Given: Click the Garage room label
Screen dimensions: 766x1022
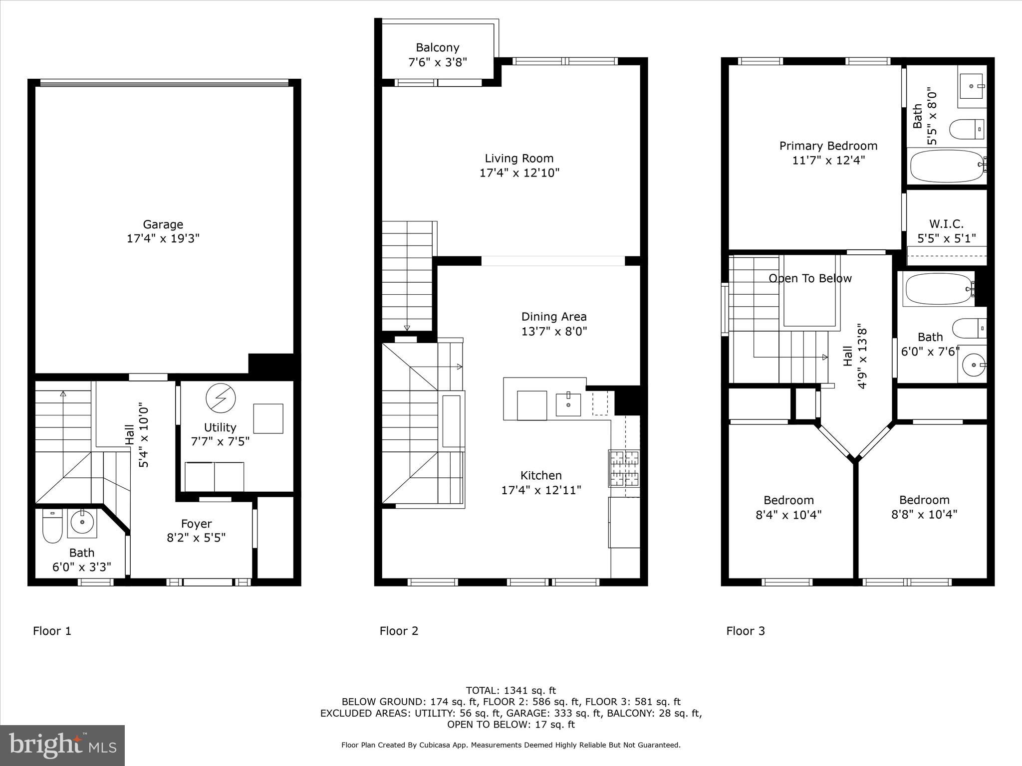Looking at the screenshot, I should [x=163, y=224].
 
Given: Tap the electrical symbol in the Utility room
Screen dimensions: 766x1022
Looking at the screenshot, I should [x=221, y=398].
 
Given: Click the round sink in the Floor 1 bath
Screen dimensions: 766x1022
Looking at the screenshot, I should [x=82, y=523].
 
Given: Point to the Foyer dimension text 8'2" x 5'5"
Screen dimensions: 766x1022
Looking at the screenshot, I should [x=196, y=538].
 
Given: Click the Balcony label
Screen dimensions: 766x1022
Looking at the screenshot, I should [x=438, y=48].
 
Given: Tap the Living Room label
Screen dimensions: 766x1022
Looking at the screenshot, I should [x=519, y=159].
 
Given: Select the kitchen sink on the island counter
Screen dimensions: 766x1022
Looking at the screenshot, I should [x=568, y=404].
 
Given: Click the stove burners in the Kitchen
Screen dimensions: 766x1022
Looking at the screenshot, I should [x=624, y=468].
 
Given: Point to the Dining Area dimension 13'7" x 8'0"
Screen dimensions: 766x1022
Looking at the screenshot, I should [x=554, y=331].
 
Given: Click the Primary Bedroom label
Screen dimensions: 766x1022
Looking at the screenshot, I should [x=828, y=146].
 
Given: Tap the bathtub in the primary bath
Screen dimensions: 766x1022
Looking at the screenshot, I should [x=946, y=166].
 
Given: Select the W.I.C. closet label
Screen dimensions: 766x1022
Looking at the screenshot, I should [x=946, y=224].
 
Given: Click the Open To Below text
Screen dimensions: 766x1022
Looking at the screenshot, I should [x=810, y=278].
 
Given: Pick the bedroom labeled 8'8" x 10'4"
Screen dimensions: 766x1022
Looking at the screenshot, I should [x=924, y=507].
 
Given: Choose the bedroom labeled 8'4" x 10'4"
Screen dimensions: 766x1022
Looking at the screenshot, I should [x=788, y=507].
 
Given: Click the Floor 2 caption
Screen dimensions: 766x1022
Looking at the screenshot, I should [x=399, y=631].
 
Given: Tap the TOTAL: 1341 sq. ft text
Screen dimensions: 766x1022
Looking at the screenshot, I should [x=511, y=691].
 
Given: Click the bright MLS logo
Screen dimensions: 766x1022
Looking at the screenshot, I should [x=62, y=746].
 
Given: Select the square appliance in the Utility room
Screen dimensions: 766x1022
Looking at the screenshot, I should [x=268, y=418].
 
